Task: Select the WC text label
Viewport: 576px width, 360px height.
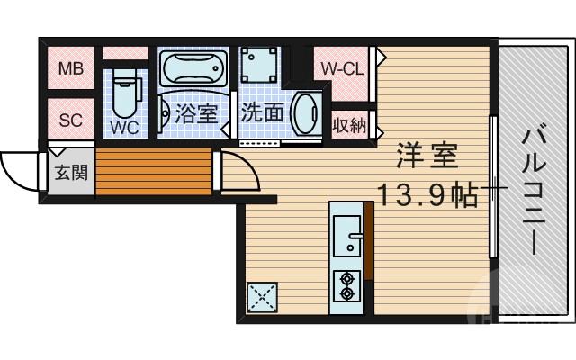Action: coord(124,127)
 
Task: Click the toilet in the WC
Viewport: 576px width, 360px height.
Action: coord(125,91)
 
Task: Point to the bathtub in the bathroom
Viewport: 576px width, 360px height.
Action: coord(192,67)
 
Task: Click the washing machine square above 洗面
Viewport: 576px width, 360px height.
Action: coord(260,64)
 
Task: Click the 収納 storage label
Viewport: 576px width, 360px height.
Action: coord(349,124)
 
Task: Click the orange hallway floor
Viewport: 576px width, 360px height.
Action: coord(153,171)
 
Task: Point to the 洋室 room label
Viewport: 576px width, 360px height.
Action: coord(428,157)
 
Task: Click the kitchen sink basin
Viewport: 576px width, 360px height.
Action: coord(346,236)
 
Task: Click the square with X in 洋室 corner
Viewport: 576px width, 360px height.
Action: coord(263,297)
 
